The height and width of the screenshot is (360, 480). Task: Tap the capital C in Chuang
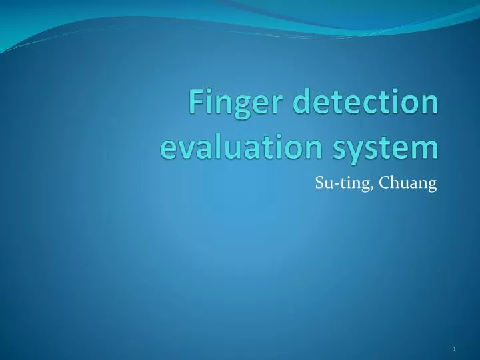[384, 183]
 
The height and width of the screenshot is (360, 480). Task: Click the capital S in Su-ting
[319, 183]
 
